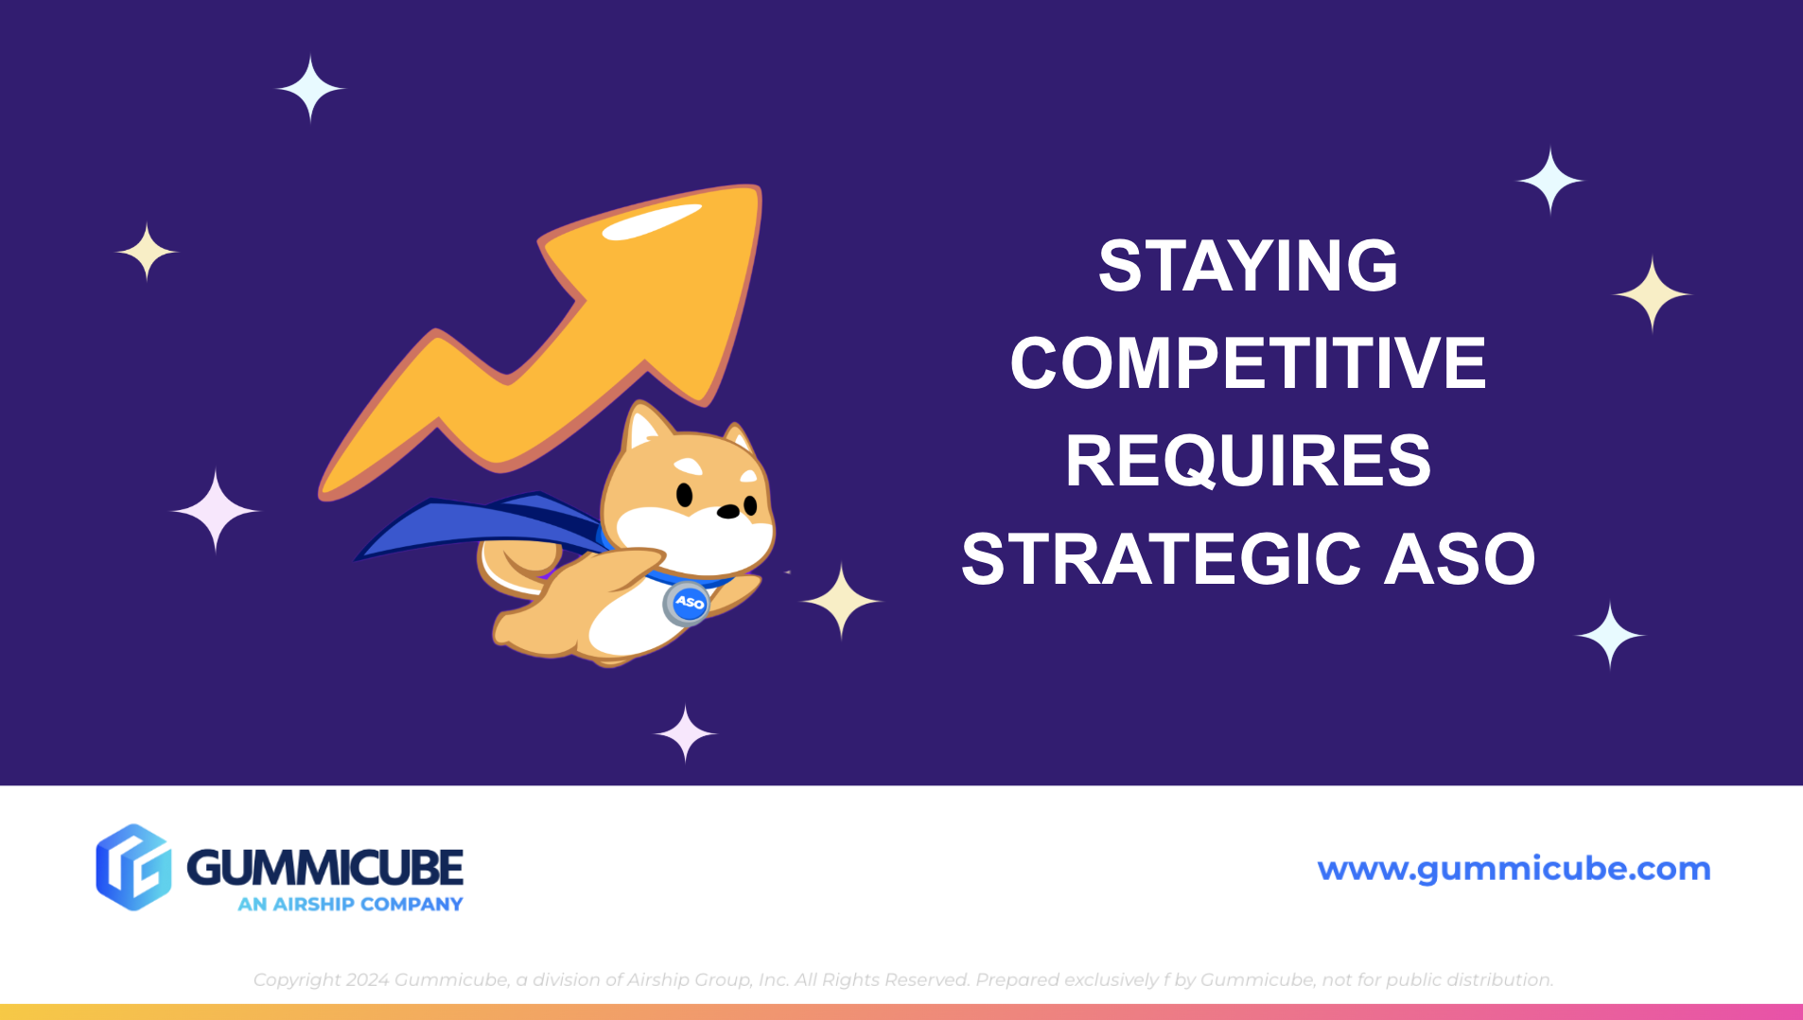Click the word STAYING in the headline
(x=1248, y=266)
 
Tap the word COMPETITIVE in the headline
(x=1248, y=363)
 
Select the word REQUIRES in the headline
(x=1248, y=462)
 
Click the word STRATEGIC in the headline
(x=1162, y=559)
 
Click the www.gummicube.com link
(x=1514, y=869)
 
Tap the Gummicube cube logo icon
(x=133, y=867)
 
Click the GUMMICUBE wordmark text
(x=324, y=867)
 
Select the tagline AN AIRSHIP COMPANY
(x=350, y=905)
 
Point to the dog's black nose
(x=727, y=512)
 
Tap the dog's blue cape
(x=473, y=525)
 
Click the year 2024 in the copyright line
(x=367, y=980)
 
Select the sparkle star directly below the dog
(x=685, y=733)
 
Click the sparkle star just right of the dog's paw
(x=840, y=601)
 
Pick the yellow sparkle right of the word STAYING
(x=1652, y=294)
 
